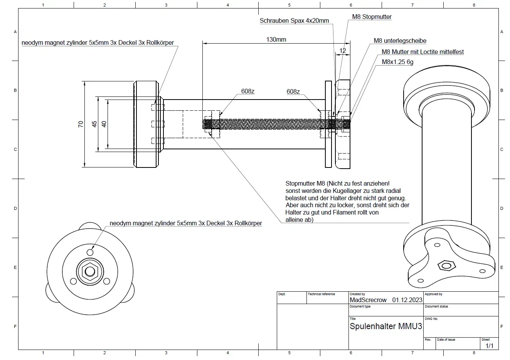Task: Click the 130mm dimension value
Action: (276, 39)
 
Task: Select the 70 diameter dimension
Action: (81, 124)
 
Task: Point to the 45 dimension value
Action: (94, 124)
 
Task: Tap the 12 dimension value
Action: (343, 51)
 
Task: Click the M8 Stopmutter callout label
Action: (372, 17)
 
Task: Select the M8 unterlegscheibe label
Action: (400, 41)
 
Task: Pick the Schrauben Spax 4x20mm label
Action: (294, 21)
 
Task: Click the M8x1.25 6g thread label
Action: (397, 62)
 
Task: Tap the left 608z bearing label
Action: (248, 91)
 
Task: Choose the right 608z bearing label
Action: (293, 91)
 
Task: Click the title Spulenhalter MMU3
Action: (385, 326)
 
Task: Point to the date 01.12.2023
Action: (407, 300)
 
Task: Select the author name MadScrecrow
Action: (368, 300)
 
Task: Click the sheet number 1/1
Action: (489, 346)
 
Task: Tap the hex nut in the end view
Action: (90, 271)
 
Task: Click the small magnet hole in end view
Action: (90, 252)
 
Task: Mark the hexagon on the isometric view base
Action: (447, 265)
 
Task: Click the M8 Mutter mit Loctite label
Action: (422, 52)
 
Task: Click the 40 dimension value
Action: (104, 124)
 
